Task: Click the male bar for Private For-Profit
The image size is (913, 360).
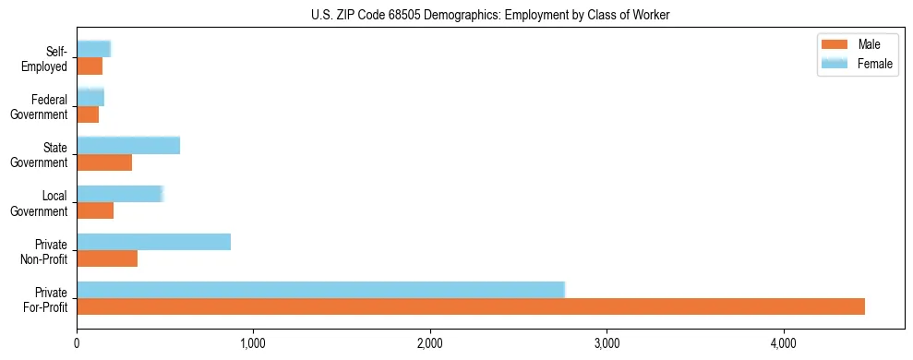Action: (x=471, y=306)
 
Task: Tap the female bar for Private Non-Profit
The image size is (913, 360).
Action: (x=153, y=241)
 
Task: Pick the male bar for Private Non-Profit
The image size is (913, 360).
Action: (x=107, y=258)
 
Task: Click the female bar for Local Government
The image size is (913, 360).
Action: (x=120, y=193)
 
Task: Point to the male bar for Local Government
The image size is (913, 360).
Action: (x=95, y=210)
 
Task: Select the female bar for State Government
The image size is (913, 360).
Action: (x=128, y=145)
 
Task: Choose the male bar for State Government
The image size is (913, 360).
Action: (x=104, y=162)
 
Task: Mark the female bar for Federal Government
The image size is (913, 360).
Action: (x=90, y=97)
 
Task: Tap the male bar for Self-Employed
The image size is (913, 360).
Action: (x=90, y=66)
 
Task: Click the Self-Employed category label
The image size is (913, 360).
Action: (x=47, y=58)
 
